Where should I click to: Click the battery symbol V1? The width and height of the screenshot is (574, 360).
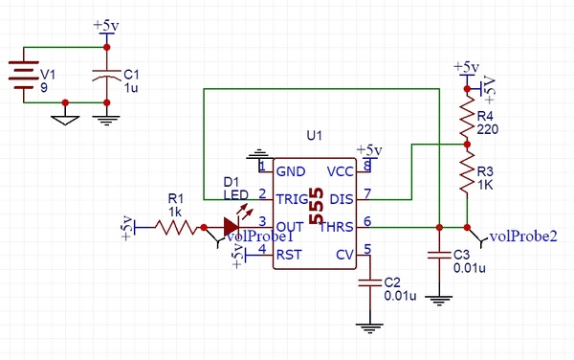[24, 74]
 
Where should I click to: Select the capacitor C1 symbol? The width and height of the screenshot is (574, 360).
[106, 74]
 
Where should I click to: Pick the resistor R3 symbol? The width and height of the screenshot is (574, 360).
[467, 177]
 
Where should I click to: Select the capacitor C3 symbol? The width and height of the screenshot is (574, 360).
[437, 256]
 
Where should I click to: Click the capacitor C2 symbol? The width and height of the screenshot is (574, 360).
[370, 284]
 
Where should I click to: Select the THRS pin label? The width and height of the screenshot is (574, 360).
[337, 227]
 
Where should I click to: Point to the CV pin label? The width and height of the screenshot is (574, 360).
[344, 255]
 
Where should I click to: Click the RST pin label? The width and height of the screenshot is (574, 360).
[289, 255]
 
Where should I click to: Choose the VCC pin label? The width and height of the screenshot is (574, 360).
[340, 171]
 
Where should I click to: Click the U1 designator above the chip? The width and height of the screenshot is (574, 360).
[315, 136]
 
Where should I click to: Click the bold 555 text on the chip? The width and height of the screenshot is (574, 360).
[315, 216]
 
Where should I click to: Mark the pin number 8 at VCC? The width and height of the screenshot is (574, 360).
[366, 167]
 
